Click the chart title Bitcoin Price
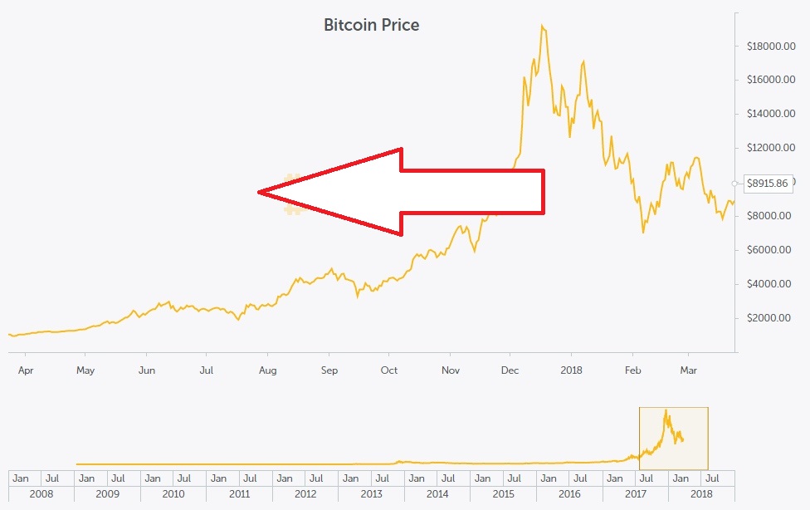tap(371, 25)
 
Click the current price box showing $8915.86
tap(768, 183)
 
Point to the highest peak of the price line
tap(541, 26)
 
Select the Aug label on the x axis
tap(267, 370)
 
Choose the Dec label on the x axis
tap(510, 370)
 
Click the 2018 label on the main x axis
tap(571, 370)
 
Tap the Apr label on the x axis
tap(26, 370)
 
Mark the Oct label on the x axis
tap(389, 370)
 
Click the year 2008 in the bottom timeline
tap(41, 493)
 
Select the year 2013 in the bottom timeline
tap(372, 493)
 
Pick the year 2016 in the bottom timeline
tap(569, 493)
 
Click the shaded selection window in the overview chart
tap(673, 438)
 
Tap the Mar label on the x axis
tap(688, 370)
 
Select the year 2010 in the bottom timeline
tap(173, 493)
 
